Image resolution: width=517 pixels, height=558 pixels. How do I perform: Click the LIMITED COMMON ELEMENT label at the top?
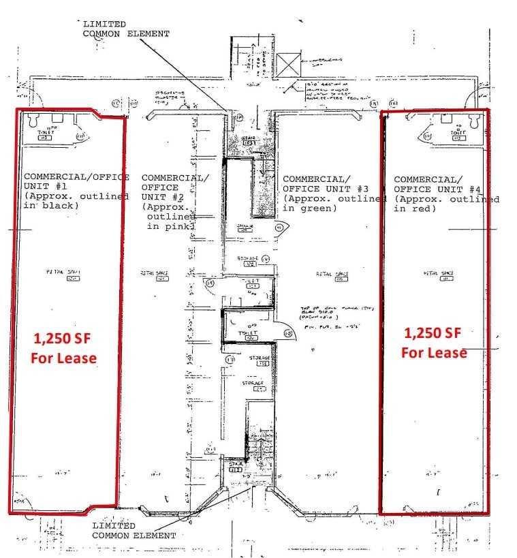point(126,28)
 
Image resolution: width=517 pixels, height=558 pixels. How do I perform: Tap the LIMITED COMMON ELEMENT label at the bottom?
point(134,531)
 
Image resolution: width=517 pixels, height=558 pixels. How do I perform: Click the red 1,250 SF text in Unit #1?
point(65,338)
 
